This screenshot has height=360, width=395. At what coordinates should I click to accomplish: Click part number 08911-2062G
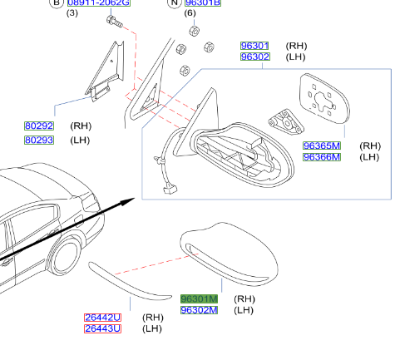tap(99, 3)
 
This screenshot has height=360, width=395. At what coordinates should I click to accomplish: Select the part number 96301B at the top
tap(202, 3)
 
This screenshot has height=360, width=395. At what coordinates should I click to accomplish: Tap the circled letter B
tap(57, 3)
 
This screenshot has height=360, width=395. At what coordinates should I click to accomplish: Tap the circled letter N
tap(174, 3)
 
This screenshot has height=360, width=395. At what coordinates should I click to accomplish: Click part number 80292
tap(38, 127)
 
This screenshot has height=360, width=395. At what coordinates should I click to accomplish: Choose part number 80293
tap(38, 141)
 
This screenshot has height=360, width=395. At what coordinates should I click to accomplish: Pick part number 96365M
tap(321, 145)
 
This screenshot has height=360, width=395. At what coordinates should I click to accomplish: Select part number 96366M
tap(321, 156)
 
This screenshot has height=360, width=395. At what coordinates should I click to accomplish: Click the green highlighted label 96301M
tap(199, 298)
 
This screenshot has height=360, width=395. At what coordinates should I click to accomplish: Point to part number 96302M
tap(199, 310)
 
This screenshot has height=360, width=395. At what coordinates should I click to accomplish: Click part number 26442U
tap(102, 318)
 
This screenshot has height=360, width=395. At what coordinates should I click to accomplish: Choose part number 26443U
tap(102, 328)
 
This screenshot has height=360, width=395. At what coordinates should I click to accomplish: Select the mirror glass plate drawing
tap(323, 100)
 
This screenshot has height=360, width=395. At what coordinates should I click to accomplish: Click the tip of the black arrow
tap(135, 200)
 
